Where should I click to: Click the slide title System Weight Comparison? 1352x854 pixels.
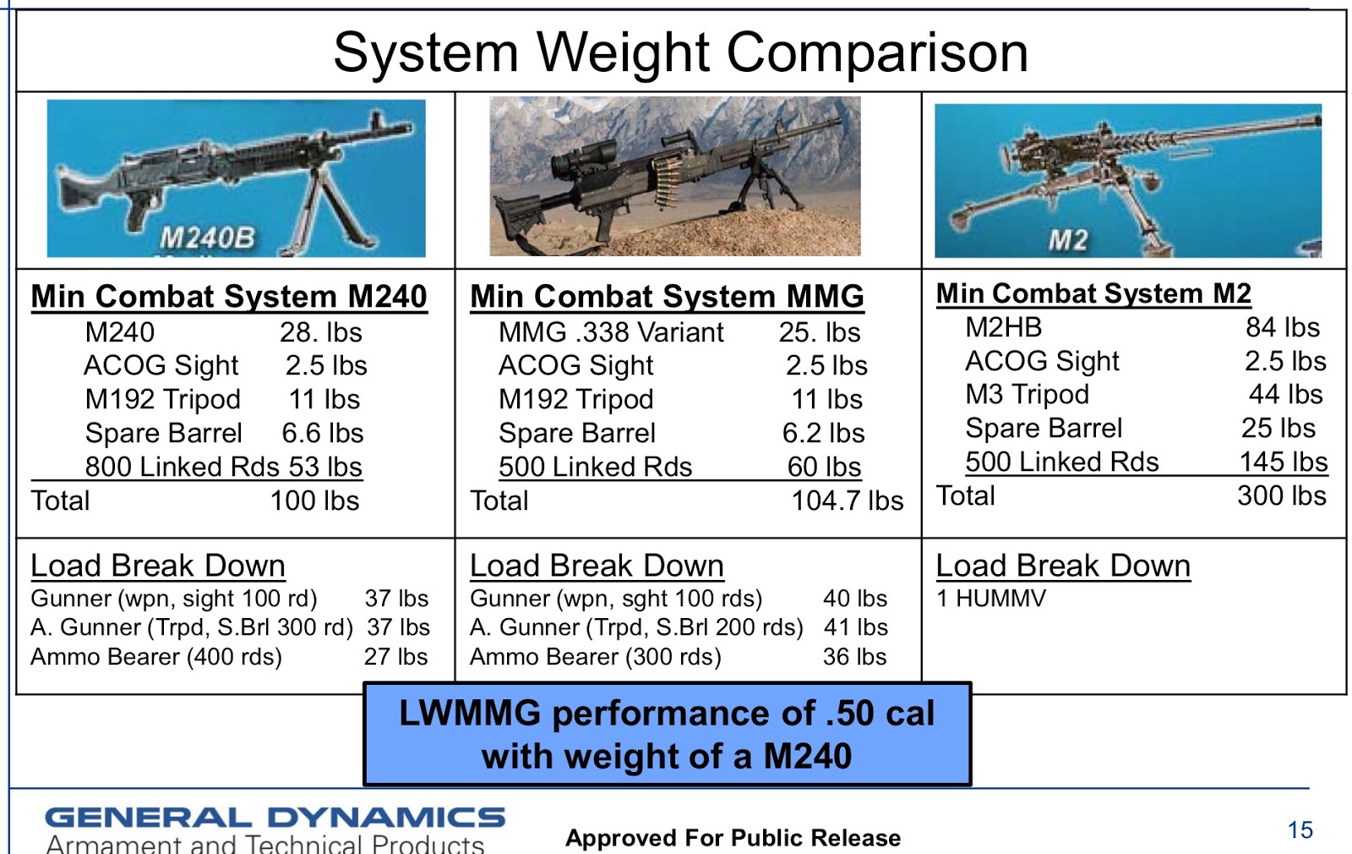click(x=680, y=52)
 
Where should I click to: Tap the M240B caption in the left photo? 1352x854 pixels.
click(x=208, y=238)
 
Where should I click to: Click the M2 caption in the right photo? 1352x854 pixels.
click(x=1068, y=240)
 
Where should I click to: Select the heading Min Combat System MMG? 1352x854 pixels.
click(x=667, y=297)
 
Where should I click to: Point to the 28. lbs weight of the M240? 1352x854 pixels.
click(x=320, y=332)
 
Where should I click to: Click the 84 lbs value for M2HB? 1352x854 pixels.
click(x=1282, y=327)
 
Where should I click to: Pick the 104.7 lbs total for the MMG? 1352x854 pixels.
click(x=847, y=501)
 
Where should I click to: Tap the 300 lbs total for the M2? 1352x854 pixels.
click(x=1281, y=495)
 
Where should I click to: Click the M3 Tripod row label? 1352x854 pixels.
click(x=1027, y=394)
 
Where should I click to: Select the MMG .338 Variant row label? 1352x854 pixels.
click(x=611, y=332)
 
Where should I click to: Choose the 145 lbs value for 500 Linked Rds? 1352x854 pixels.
click(x=1283, y=462)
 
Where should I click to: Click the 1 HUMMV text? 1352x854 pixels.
click(x=991, y=599)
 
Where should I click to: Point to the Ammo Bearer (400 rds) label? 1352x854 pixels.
click(x=156, y=657)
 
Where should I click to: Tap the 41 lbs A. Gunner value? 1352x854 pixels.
click(x=855, y=627)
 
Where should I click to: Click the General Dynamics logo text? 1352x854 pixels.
click(x=275, y=818)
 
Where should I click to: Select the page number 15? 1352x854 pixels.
click(x=1300, y=830)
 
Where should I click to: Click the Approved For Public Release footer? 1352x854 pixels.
click(x=733, y=838)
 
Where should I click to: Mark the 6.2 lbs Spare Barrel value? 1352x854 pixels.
click(x=823, y=433)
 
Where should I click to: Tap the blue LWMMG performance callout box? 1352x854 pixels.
click(x=667, y=734)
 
